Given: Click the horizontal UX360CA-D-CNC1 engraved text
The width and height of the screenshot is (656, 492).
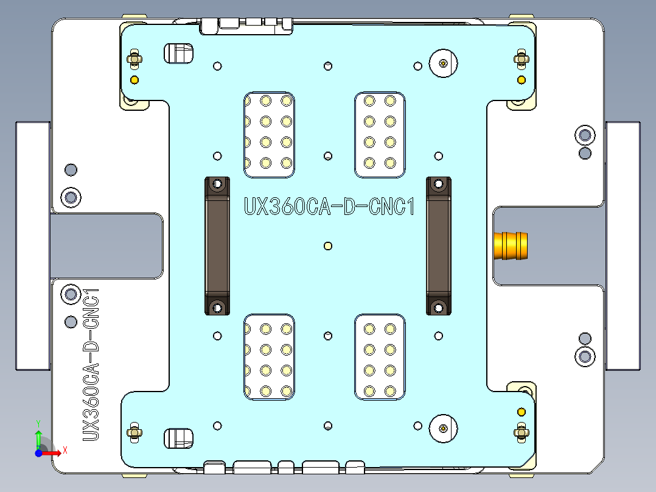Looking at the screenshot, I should [x=329, y=207].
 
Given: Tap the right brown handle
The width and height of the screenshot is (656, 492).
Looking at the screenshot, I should [x=439, y=245].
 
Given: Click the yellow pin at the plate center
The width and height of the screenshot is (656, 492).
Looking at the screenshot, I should [x=328, y=246].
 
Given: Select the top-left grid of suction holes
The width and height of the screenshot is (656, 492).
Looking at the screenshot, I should [x=269, y=135].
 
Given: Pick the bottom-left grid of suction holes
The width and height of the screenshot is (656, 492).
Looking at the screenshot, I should [x=269, y=357].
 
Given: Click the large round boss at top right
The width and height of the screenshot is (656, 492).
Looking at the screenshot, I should [x=443, y=63].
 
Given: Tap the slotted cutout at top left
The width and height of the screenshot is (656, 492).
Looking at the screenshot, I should [x=178, y=53].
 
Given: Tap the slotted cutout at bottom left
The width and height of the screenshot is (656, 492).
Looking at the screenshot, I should [x=178, y=437].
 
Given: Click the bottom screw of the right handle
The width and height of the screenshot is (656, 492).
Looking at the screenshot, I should [x=439, y=307].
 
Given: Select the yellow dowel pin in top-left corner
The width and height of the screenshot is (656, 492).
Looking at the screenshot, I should [x=134, y=80].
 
